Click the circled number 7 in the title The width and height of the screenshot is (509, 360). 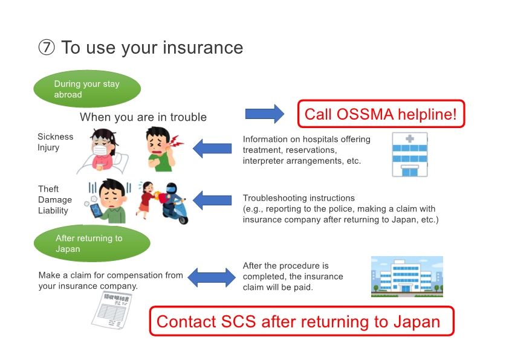tap(47, 48)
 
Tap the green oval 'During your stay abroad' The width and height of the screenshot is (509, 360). tap(86, 89)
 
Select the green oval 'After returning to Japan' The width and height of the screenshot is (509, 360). tap(91, 243)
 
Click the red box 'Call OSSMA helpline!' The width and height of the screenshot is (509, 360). tap(380, 114)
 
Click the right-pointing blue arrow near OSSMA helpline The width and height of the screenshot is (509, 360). tap(264, 114)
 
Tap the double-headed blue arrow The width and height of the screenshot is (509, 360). tap(211, 277)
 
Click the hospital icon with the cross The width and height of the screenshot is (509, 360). tap(409, 153)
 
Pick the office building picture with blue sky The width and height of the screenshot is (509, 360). tap(407, 277)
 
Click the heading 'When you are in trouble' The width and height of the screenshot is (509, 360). tap(143, 117)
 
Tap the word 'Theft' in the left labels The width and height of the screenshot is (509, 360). tap(48, 189)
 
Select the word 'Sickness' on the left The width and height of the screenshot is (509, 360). tap(55, 137)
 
